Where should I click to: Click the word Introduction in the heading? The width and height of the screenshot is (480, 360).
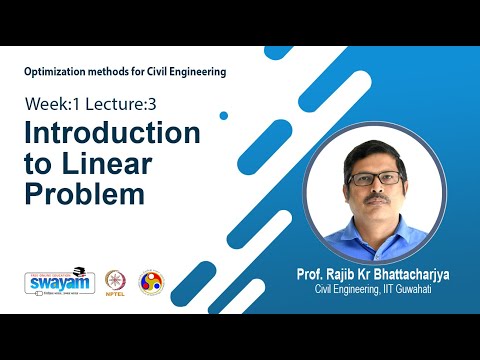pyautogui.click(x=111, y=134)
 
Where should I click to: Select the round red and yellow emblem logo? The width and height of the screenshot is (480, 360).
pyautogui.click(x=151, y=281)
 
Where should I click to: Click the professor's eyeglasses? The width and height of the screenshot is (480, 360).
pyautogui.click(x=375, y=178)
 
